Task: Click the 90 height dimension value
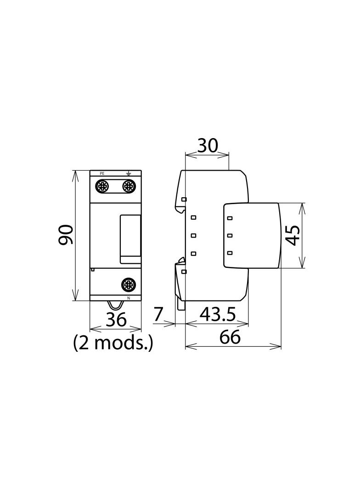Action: click(66, 234)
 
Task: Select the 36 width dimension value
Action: click(116, 319)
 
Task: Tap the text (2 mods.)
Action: click(113, 344)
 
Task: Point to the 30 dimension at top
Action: click(208, 145)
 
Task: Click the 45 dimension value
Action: click(293, 235)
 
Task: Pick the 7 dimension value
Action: click(158, 314)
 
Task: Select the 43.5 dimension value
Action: click(218, 314)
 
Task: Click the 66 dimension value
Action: click(230, 337)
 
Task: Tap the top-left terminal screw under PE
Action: click(102, 186)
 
